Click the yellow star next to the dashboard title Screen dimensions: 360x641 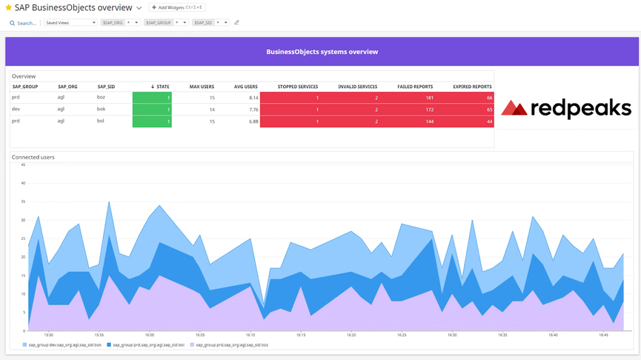point(9,7)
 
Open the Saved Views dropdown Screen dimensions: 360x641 point(70,23)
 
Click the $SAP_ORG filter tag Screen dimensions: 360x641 point(113,23)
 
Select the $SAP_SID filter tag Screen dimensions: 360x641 point(202,23)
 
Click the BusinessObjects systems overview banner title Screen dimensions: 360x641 point(322,52)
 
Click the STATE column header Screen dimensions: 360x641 point(161,87)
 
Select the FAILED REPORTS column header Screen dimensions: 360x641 point(415,87)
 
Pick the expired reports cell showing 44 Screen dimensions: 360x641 point(489,121)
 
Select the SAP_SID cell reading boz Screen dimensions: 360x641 point(101,98)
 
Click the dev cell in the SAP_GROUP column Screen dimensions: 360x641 point(16,110)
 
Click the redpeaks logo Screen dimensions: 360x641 point(566,109)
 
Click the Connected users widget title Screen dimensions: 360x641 point(33,157)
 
